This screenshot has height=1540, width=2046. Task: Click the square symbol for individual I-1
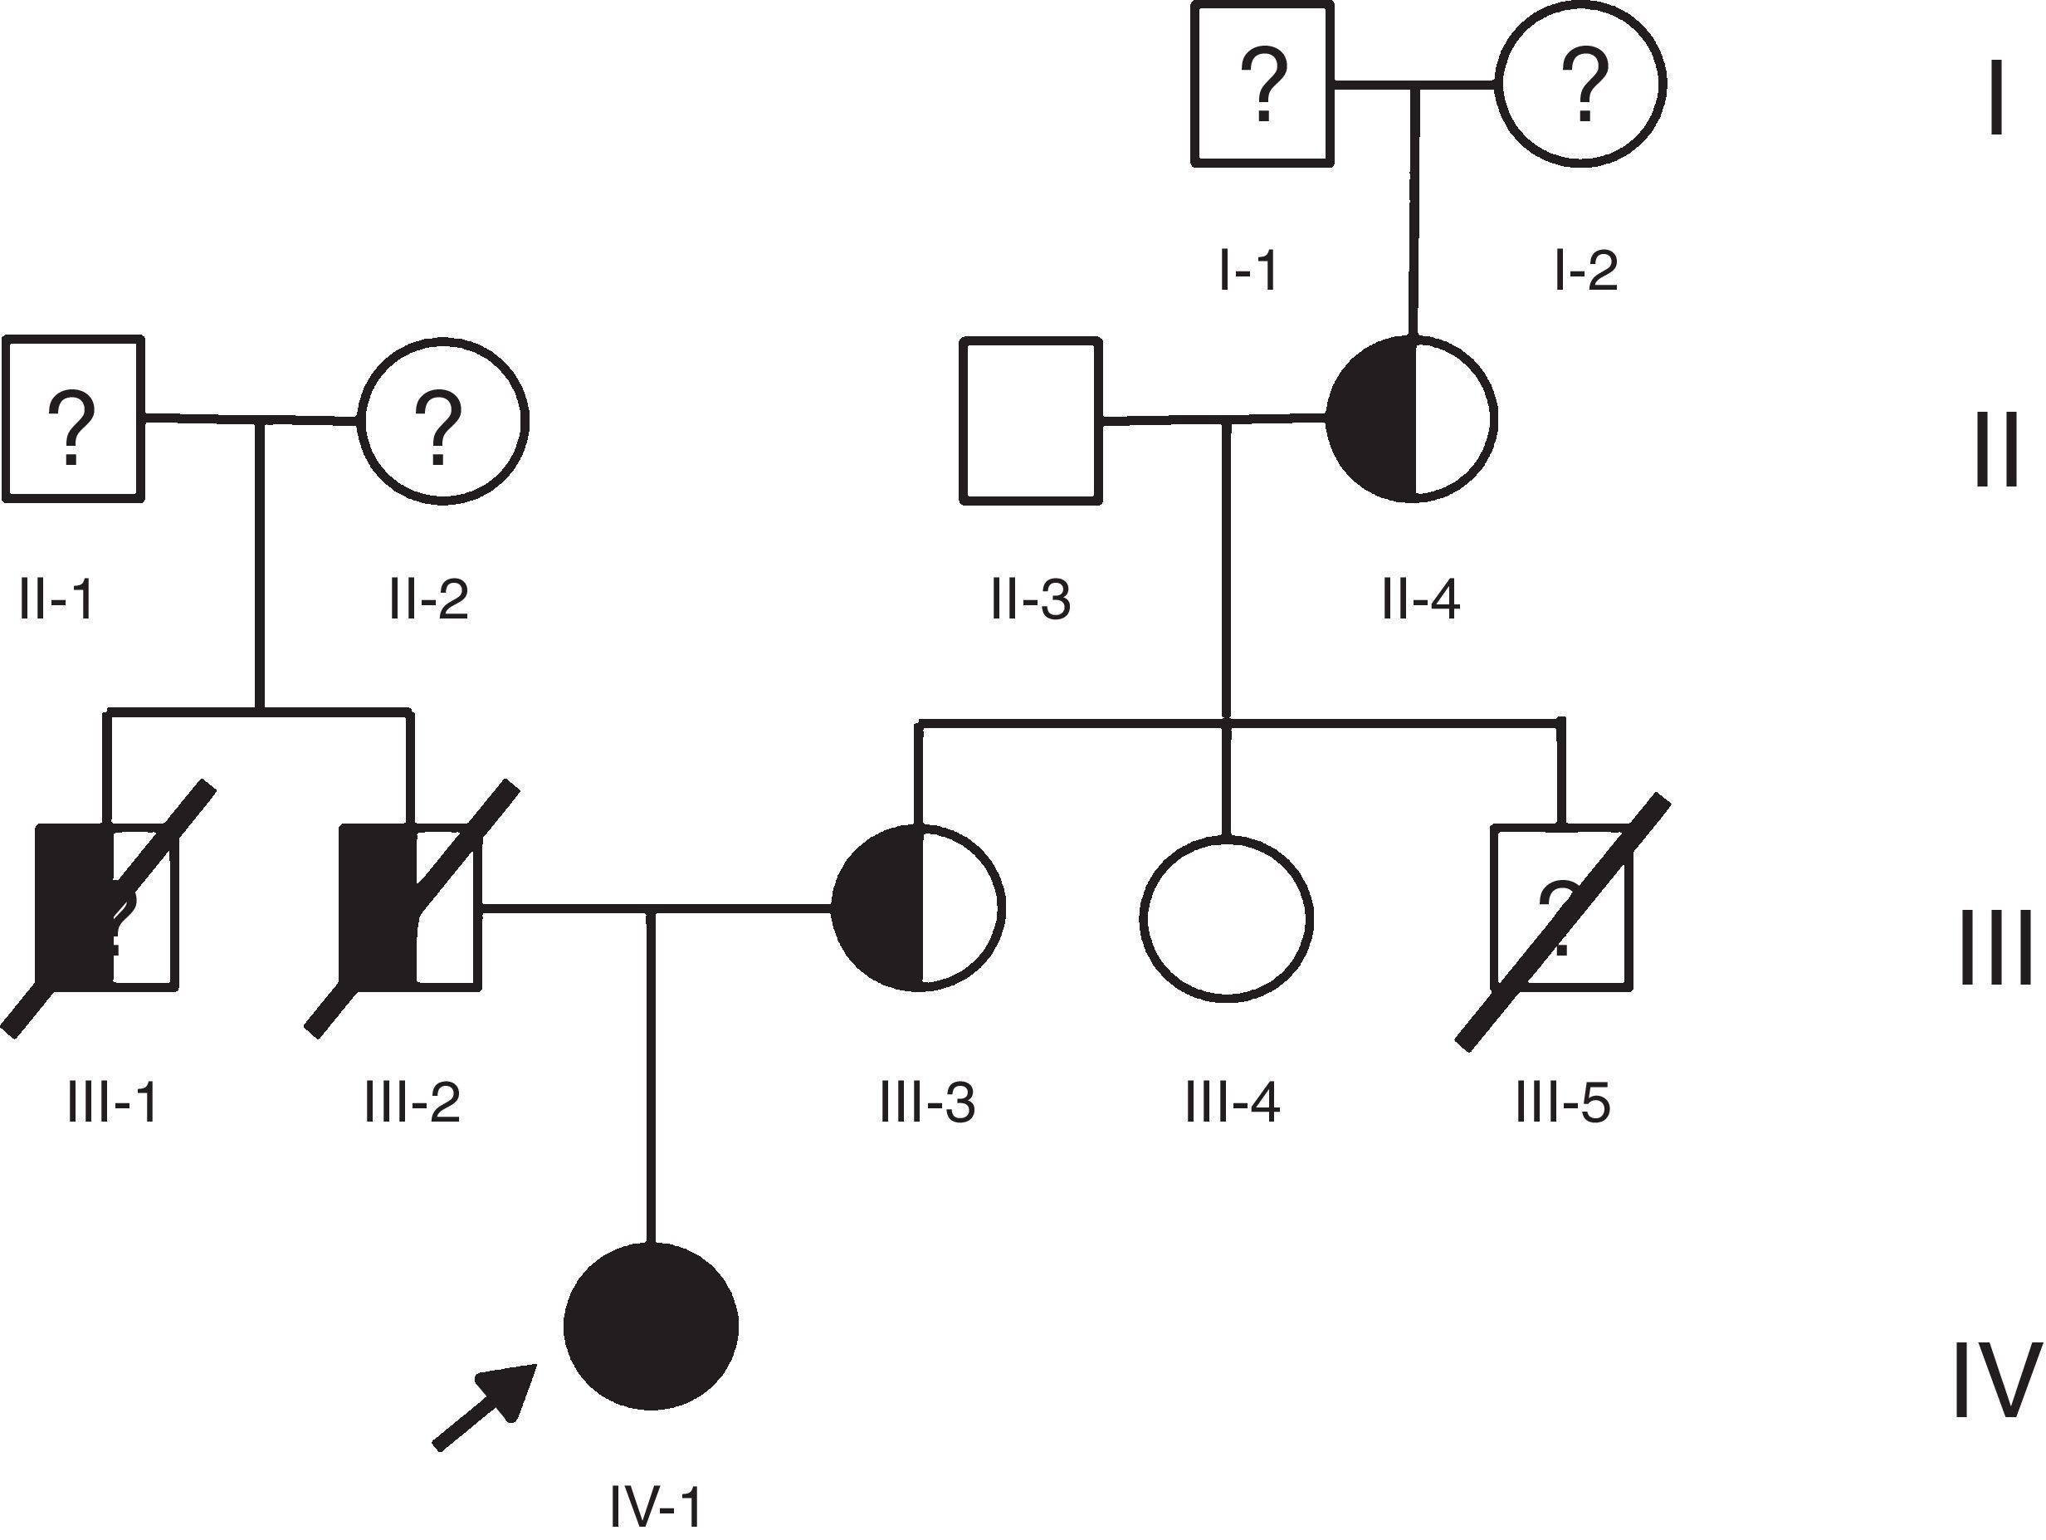(x=1262, y=85)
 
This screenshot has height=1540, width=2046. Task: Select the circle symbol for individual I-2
(x=1582, y=83)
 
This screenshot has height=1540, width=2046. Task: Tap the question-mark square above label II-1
(x=74, y=420)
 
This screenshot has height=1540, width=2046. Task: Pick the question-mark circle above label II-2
(x=443, y=421)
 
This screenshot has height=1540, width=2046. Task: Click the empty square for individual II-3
(x=1033, y=422)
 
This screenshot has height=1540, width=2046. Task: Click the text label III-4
(x=1232, y=1102)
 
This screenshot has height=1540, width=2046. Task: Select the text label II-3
(x=1030, y=599)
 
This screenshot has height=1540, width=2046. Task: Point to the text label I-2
(x=1585, y=270)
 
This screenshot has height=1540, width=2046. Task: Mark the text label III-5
(x=1563, y=1102)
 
